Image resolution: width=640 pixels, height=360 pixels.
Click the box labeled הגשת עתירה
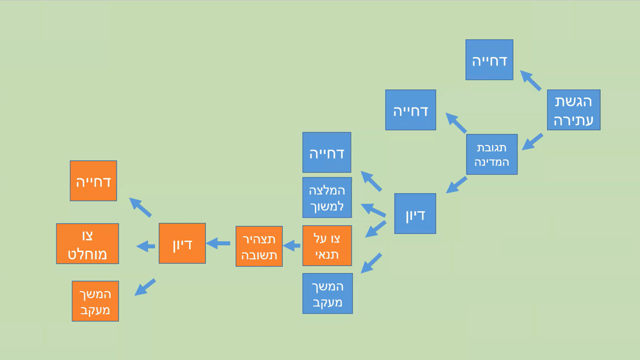coord(573,110)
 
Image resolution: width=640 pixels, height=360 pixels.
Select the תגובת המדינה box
coord(492,155)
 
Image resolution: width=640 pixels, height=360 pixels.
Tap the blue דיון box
coord(415,214)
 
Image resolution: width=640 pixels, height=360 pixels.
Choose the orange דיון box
coord(182,244)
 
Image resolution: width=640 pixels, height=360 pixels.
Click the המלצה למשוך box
coord(327,198)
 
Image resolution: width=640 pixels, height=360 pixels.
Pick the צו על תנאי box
coord(327,246)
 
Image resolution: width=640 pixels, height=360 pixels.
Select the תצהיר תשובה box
coord(259,246)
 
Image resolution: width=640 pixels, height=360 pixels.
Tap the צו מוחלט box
coord(87,244)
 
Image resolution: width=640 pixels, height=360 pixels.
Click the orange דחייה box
coord(93,181)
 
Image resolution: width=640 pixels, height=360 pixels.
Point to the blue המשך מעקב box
coord(328,294)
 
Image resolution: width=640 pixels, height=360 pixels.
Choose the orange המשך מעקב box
coord(96,301)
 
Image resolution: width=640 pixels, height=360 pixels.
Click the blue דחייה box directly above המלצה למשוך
coord(327,152)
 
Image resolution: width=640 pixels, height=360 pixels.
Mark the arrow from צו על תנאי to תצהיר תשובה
coord(291,246)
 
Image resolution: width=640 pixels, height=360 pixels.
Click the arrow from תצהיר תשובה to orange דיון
coord(218,244)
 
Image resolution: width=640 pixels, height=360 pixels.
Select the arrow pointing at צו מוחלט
coord(145,246)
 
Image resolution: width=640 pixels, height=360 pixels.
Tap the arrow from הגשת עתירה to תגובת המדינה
coord(532,142)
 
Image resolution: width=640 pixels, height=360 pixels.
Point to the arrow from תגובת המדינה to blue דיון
coord(457,185)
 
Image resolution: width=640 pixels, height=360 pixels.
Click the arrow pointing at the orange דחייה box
coord(140,207)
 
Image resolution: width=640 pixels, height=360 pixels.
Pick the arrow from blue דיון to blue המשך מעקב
coord(371,263)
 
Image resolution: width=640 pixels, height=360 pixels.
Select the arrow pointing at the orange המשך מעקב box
coord(145,287)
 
